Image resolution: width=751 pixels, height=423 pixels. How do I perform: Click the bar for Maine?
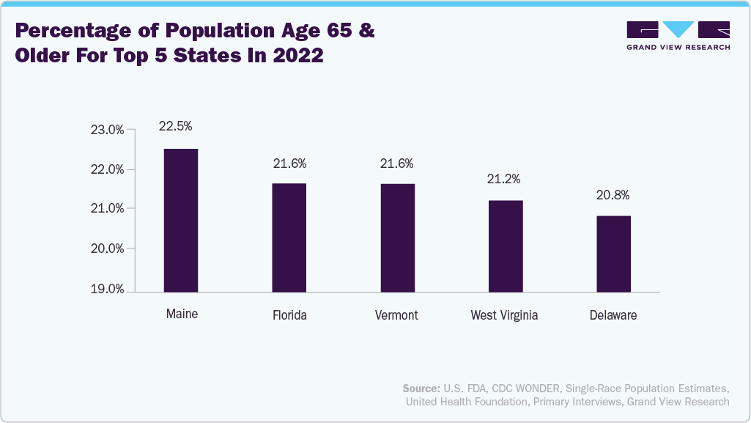(x=180, y=220)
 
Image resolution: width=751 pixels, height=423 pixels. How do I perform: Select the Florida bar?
(x=289, y=238)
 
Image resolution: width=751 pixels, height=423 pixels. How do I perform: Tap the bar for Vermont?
(x=397, y=238)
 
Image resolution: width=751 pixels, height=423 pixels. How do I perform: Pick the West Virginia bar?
(x=506, y=246)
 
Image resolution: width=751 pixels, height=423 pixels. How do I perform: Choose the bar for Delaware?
(x=613, y=254)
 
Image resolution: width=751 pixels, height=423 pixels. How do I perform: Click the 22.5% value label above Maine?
(x=176, y=126)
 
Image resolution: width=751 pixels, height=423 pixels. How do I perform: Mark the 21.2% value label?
(x=504, y=179)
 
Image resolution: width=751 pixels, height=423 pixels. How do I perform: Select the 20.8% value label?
(x=612, y=195)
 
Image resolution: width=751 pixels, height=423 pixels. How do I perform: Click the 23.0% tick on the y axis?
(x=107, y=130)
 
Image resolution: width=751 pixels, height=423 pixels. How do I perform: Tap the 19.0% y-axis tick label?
(x=107, y=289)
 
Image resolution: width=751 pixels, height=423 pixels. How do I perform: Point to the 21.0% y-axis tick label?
(x=107, y=209)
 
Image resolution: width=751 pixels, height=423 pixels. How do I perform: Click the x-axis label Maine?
(x=182, y=314)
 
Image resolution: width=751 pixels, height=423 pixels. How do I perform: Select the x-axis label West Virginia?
(x=504, y=315)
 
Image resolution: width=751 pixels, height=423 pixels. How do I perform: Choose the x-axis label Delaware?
(x=613, y=315)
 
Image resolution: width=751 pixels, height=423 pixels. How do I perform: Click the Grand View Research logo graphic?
(x=678, y=29)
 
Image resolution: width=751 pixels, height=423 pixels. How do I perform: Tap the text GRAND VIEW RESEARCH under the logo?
(x=678, y=48)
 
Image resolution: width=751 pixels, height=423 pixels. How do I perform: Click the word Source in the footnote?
(x=419, y=388)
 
